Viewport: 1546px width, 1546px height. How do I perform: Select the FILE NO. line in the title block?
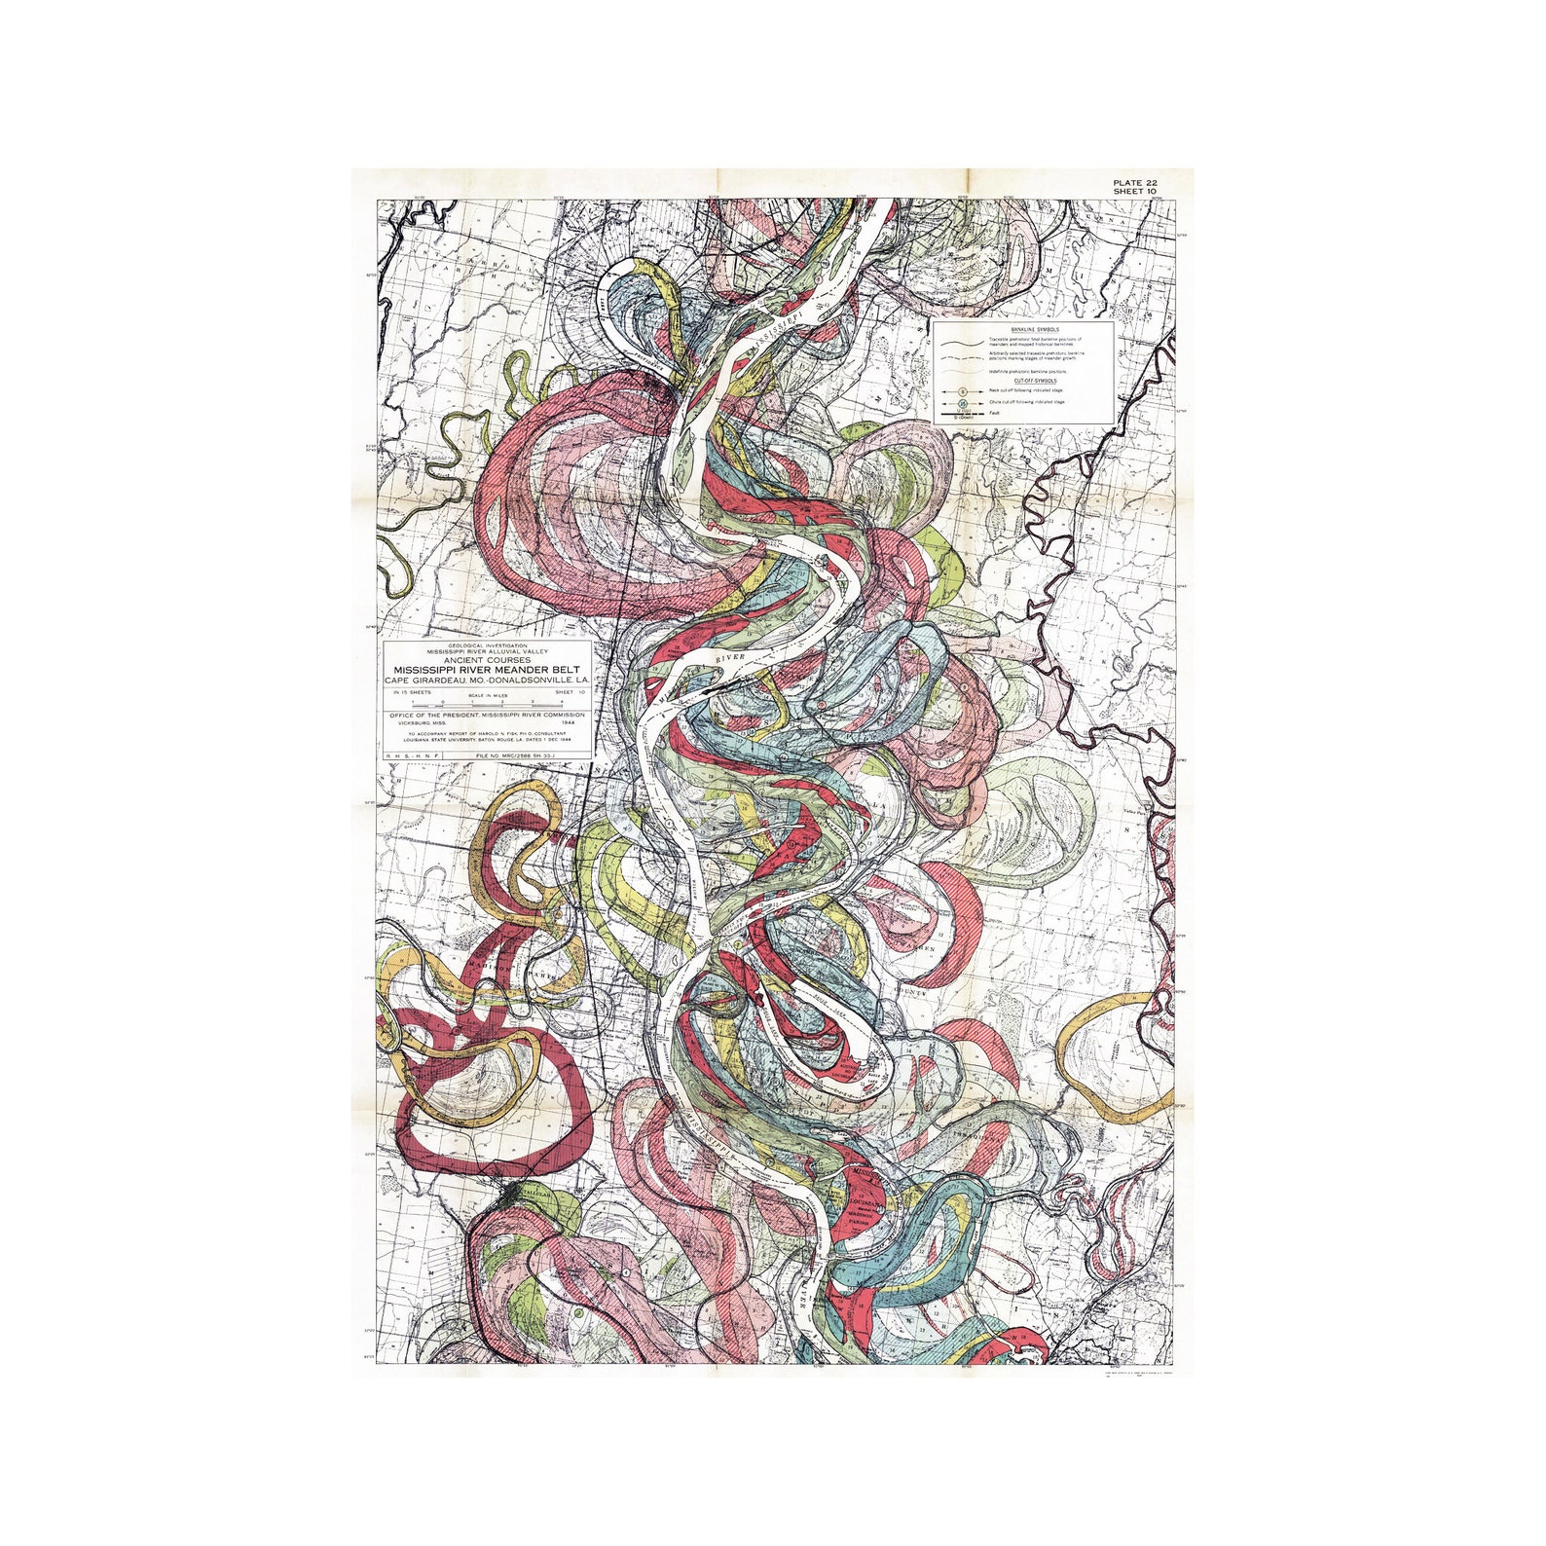tap(527, 755)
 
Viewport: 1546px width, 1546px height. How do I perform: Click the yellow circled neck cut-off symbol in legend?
tap(962, 390)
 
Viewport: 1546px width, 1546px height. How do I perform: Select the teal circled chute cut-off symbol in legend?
tap(962, 402)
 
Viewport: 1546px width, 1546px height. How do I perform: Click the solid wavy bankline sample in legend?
tap(960, 344)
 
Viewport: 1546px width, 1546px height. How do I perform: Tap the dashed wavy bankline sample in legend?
tap(960, 356)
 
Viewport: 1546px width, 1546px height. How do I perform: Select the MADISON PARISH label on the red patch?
tap(863, 1210)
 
